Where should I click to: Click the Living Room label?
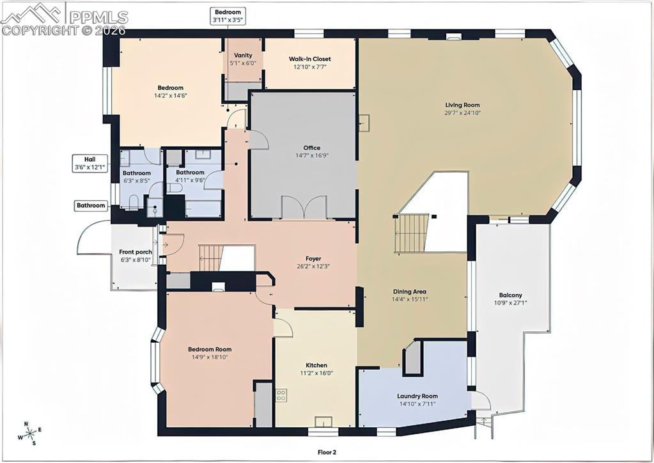pos(462,105)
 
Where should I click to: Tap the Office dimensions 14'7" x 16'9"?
pos(312,155)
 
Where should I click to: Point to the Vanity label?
pos(243,56)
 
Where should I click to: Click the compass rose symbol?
pos(29,433)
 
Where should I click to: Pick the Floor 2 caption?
pos(327,451)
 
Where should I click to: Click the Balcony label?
pos(510,295)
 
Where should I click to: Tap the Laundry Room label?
pos(417,396)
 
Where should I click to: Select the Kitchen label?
pos(316,365)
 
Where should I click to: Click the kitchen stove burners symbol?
pos(281,395)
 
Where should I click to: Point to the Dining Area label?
pos(409,292)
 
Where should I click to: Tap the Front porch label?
pos(136,252)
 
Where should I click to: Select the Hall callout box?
pos(90,163)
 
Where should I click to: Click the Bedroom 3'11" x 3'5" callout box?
pos(229,16)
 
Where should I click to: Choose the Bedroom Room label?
pos(209,349)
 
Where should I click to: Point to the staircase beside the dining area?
pos(413,233)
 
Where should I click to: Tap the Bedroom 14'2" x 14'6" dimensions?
pos(171,95)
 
